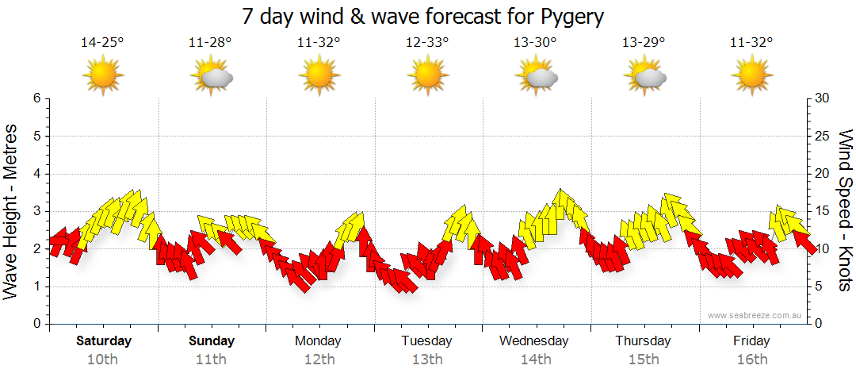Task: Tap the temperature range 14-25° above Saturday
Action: click(x=102, y=43)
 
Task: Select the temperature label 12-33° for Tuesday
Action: click(x=427, y=43)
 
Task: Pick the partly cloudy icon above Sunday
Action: click(x=212, y=76)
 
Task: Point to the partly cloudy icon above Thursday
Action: click(x=644, y=76)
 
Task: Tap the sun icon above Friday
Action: click(x=752, y=75)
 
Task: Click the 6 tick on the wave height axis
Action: click(x=36, y=98)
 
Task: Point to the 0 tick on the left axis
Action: click(x=36, y=325)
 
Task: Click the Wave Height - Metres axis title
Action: click(x=12, y=211)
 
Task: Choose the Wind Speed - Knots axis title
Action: click(x=845, y=211)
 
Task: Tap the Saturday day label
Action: click(x=104, y=341)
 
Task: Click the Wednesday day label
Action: click(x=534, y=341)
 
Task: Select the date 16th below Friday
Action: click(x=751, y=360)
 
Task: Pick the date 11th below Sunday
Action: click(x=211, y=360)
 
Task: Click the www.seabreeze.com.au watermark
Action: click(x=755, y=316)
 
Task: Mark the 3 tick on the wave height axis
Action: click(x=36, y=211)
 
